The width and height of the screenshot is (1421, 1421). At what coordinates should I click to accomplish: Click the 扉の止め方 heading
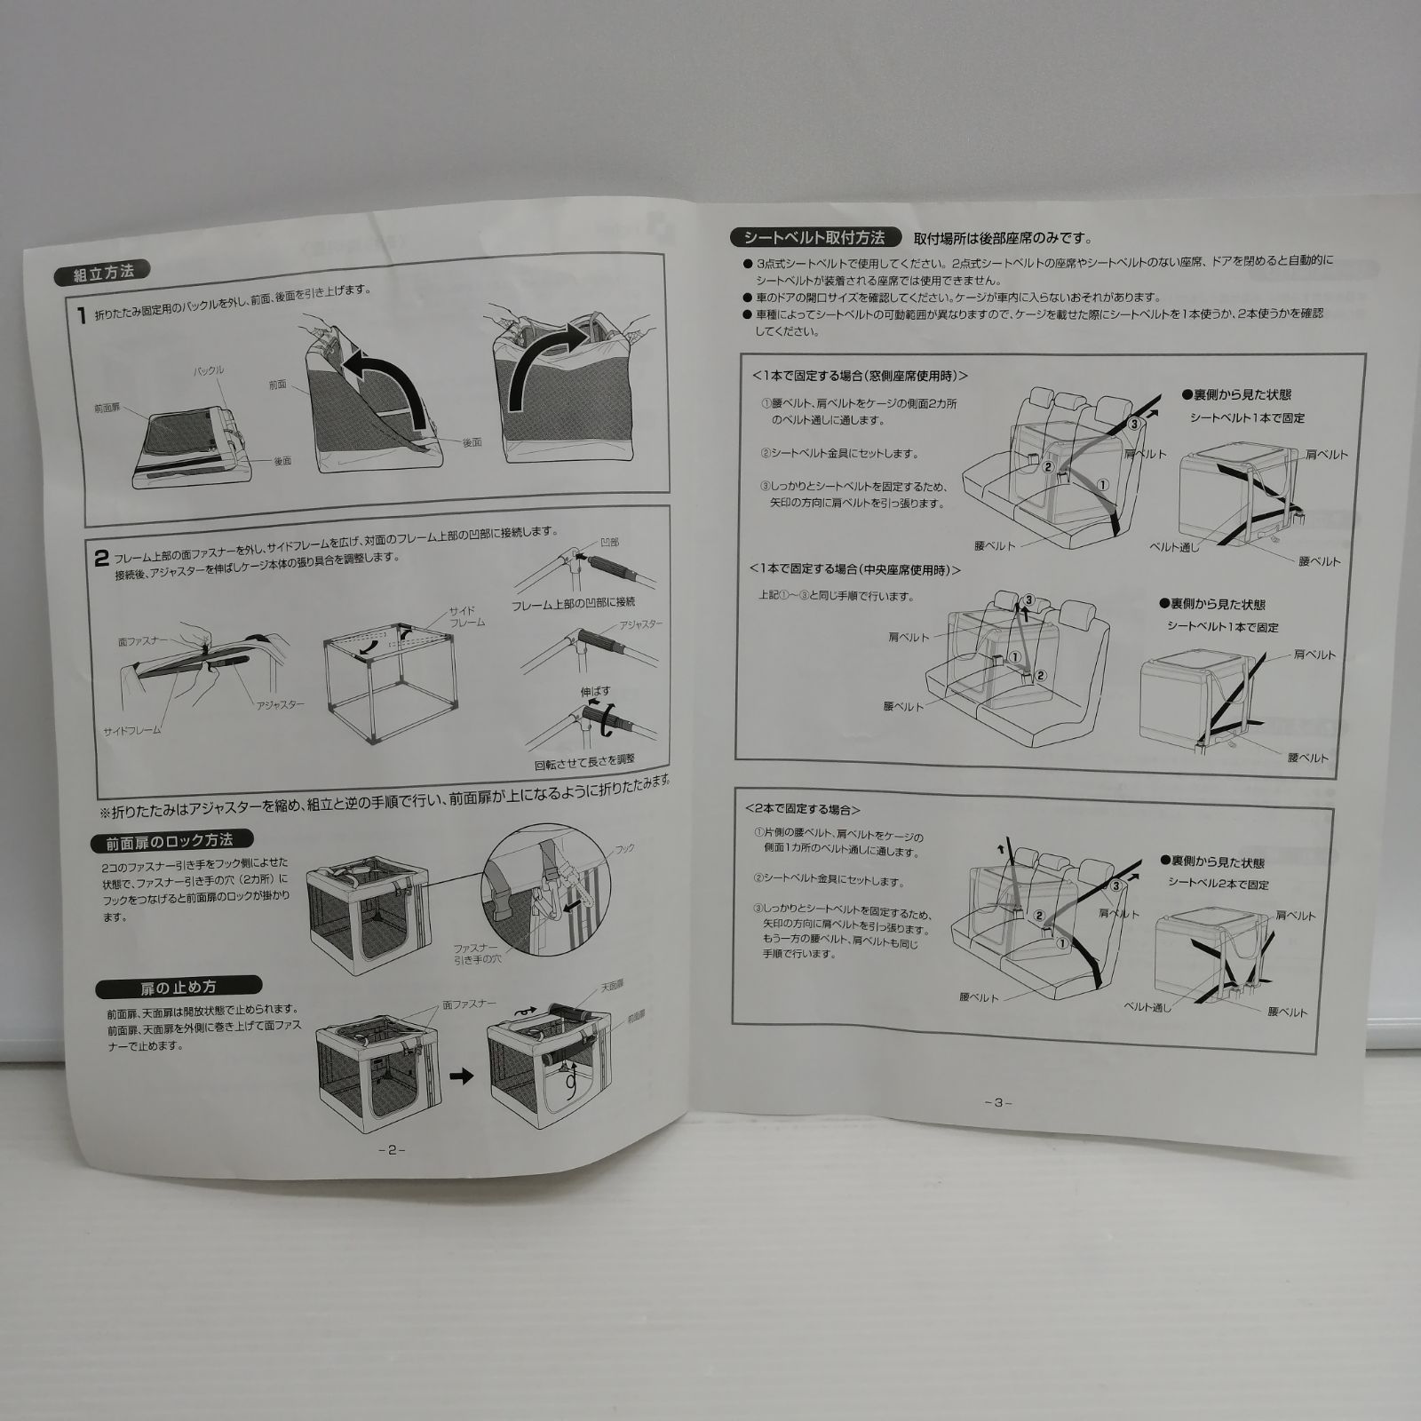tap(177, 986)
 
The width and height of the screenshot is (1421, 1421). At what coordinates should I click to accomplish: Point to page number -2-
tap(391, 1148)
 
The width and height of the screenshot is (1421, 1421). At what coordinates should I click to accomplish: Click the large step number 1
tap(81, 316)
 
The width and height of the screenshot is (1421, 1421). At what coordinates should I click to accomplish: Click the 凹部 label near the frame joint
tap(610, 541)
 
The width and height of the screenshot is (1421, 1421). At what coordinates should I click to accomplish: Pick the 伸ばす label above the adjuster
tap(595, 690)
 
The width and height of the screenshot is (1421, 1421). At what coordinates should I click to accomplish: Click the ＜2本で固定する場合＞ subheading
tap(804, 809)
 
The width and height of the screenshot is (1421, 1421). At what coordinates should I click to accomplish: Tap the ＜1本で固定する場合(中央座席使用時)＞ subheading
tap(855, 569)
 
